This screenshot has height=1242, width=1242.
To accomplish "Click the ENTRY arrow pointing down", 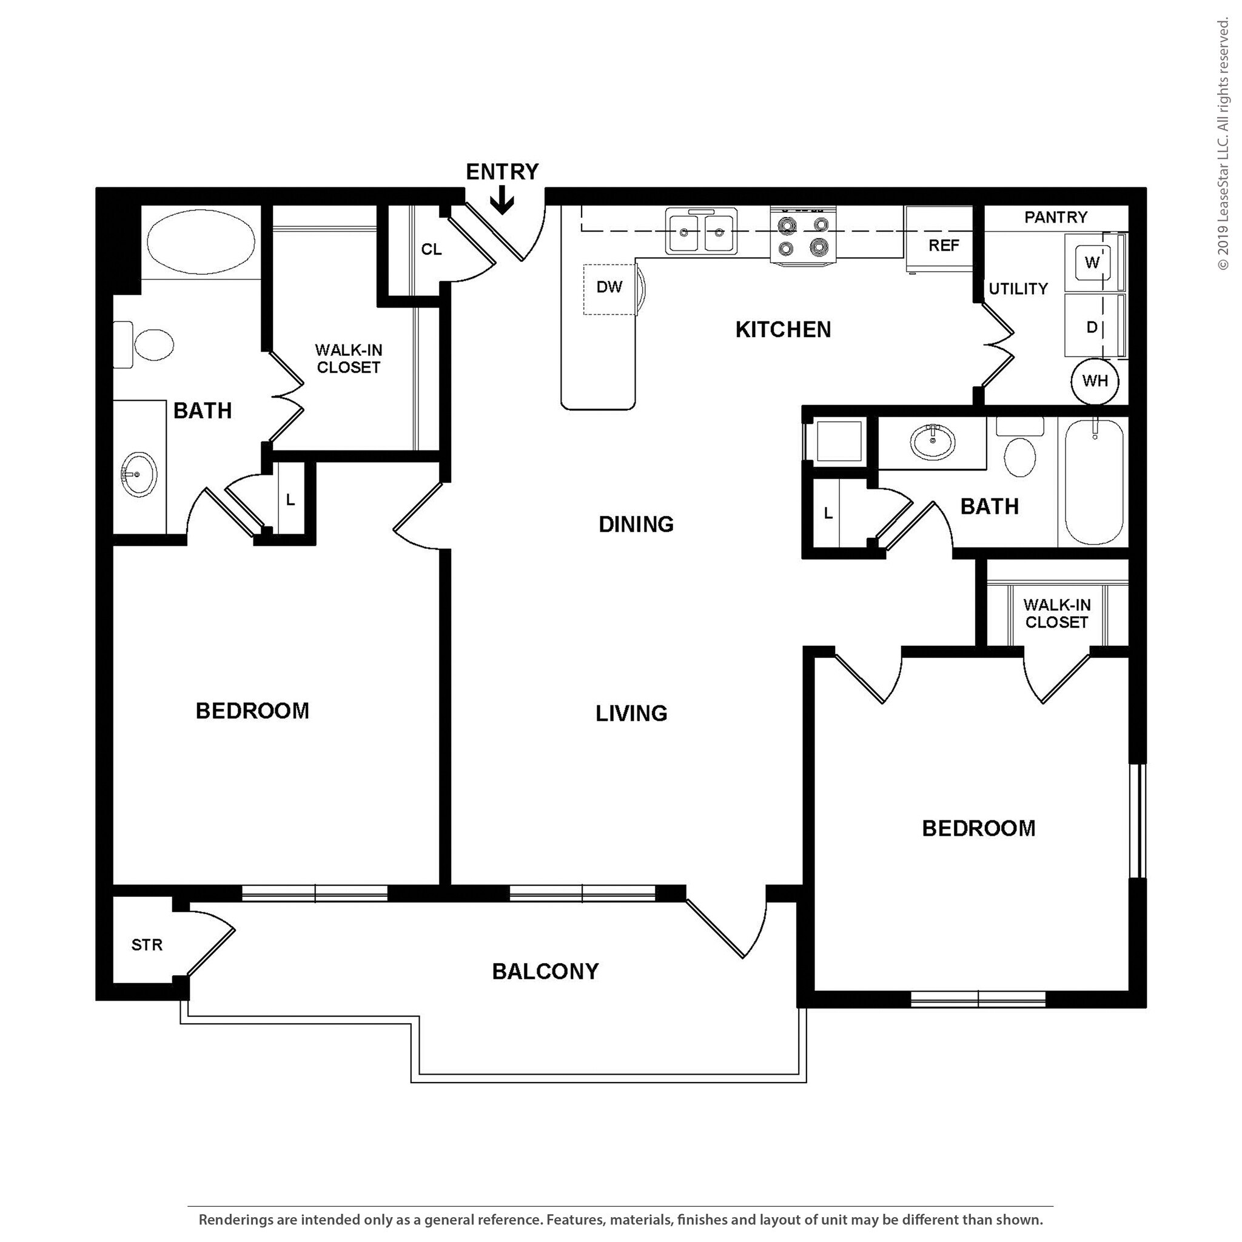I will pyautogui.click(x=502, y=203).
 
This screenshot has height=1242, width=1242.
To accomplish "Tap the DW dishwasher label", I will pyautogui.click(x=609, y=287).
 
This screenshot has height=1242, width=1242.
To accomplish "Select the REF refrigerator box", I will pyautogui.click(x=943, y=245).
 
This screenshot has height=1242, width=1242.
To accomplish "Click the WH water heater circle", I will pyautogui.click(x=1095, y=381).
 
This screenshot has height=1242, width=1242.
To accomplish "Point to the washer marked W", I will pyautogui.click(x=1091, y=262).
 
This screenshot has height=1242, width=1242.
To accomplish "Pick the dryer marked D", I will pyautogui.click(x=1091, y=327).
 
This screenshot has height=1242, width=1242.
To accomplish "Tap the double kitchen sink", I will pyautogui.click(x=702, y=232).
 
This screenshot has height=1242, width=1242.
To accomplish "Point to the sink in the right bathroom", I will pyautogui.click(x=933, y=441).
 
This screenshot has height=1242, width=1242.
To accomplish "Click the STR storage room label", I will pyautogui.click(x=147, y=945).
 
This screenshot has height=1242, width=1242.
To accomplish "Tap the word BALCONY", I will pyautogui.click(x=545, y=971).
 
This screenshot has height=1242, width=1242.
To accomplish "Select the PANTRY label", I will pyautogui.click(x=1056, y=217).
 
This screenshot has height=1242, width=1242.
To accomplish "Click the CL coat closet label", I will pyautogui.click(x=431, y=249).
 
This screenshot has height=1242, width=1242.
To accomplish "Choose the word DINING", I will pyautogui.click(x=636, y=525).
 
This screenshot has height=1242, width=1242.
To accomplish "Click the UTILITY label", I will pyautogui.click(x=1018, y=289).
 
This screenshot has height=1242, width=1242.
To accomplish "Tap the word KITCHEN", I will pyautogui.click(x=783, y=330).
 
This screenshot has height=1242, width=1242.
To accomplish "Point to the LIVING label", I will pyautogui.click(x=631, y=713).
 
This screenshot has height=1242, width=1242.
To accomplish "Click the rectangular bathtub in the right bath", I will pyautogui.click(x=1093, y=482).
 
